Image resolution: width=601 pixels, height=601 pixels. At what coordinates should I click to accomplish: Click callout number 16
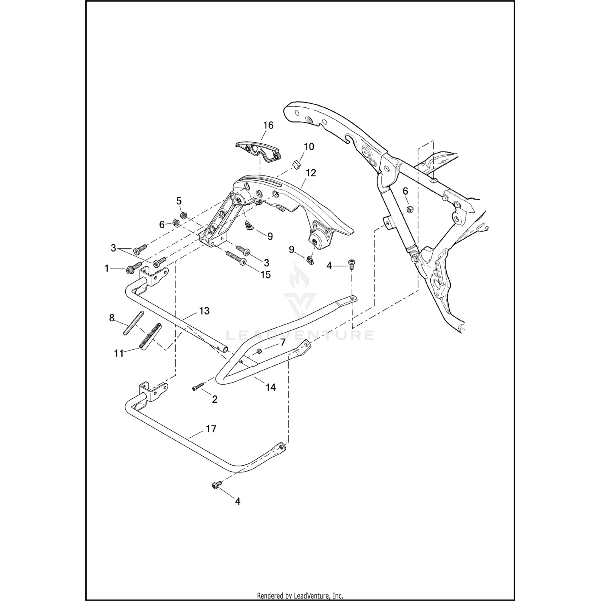pyautogui.click(x=268, y=125)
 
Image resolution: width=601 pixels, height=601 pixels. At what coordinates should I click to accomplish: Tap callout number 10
pyautogui.click(x=309, y=147)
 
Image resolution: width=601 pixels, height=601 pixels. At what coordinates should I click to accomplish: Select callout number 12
pyautogui.click(x=311, y=173)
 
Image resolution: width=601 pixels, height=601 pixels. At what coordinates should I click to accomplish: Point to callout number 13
pyautogui.click(x=204, y=311)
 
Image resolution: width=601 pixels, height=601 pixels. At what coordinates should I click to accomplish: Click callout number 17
pyautogui.click(x=211, y=429)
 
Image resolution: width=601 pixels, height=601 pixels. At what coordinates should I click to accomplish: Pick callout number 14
pyautogui.click(x=270, y=387)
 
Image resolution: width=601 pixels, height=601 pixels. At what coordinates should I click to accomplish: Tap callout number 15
pyautogui.click(x=265, y=275)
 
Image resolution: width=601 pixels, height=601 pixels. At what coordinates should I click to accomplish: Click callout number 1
pyautogui.click(x=107, y=268)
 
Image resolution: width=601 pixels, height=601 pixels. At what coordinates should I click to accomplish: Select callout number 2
pyautogui.click(x=214, y=399)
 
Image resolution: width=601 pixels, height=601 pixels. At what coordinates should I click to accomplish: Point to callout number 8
pyautogui.click(x=112, y=319)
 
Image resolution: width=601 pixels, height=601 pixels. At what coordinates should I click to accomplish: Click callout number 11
pyautogui.click(x=119, y=354)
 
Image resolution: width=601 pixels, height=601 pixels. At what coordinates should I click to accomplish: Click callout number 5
pyautogui.click(x=179, y=201)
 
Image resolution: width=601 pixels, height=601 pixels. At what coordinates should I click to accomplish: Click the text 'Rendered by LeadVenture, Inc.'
pyautogui.click(x=300, y=596)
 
